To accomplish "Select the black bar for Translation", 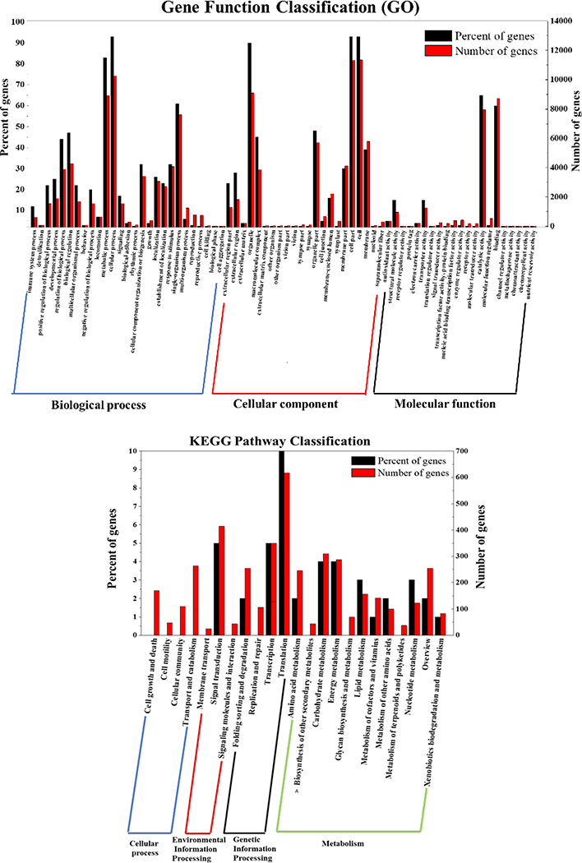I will [x=281, y=542].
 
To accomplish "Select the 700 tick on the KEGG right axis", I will [x=463, y=451].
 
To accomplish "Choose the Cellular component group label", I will [x=285, y=404].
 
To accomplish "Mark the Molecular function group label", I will [x=445, y=404].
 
